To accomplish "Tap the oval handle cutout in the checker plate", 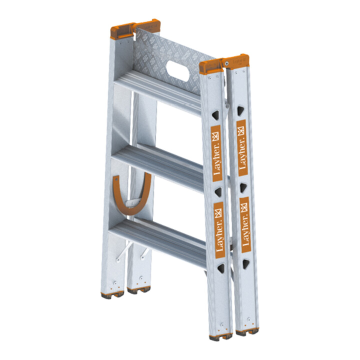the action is [x=178, y=70].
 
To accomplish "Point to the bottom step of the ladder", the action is [x=158, y=241].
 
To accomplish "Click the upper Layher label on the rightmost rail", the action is [x=242, y=148].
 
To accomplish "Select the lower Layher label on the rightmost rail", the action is [x=245, y=225].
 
